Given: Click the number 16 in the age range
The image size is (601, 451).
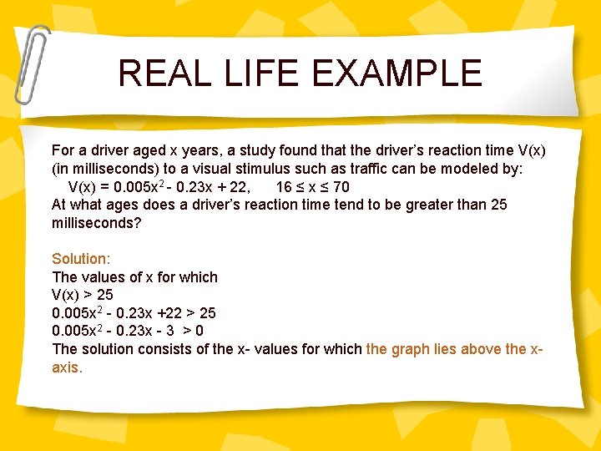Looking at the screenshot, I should pyautogui.click(x=284, y=187).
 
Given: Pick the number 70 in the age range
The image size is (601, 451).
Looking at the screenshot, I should pyautogui.click(x=341, y=187).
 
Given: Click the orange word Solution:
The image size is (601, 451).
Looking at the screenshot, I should pyautogui.click(x=80, y=259).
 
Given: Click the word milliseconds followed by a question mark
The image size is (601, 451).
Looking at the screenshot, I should pyautogui.click(x=97, y=223).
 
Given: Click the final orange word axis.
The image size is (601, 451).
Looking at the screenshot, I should pyautogui.click(x=67, y=367).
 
